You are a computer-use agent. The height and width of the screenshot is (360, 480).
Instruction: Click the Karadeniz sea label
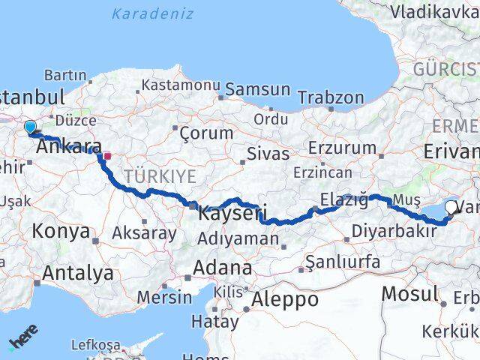[x=152, y=13]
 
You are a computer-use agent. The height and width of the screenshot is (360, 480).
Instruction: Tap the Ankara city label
[x=69, y=147]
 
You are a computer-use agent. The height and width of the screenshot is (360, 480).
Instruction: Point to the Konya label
[x=61, y=231]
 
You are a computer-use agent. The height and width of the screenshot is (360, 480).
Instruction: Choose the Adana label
[x=223, y=267]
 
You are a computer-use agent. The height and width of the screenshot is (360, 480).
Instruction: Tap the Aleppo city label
[x=285, y=298]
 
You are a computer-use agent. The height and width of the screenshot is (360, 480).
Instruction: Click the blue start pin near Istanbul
[x=30, y=127]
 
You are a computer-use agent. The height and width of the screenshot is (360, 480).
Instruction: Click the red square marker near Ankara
[x=107, y=157]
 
